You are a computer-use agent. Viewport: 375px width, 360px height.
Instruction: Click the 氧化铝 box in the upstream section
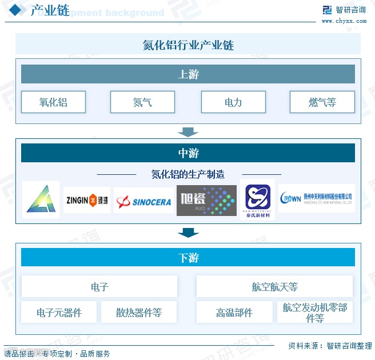pyautogui.click(x=53, y=102)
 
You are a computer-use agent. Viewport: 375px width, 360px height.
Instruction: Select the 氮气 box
pyautogui.click(x=142, y=102)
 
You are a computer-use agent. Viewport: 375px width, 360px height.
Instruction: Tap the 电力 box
pyautogui.click(x=233, y=102)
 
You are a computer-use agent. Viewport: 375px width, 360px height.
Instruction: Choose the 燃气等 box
pyautogui.click(x=322, y=102)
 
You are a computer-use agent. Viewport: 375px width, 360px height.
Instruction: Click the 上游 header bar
pyautogui.click(x=188, y=74)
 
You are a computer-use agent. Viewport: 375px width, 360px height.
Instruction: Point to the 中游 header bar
pyautogui.click(x=188, y=153)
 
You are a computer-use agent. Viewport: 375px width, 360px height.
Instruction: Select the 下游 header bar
pyautogui.click(x=188, y=258)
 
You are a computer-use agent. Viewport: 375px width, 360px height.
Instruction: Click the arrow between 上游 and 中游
pyautogui.click(x=187, y=132)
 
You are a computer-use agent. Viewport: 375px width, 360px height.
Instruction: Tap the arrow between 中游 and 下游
pyautogui.click(x=187, y=232)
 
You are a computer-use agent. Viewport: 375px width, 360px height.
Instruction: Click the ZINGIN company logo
pyautogui.click(x=87, y=200)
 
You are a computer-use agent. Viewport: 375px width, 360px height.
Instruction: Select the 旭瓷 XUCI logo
pyautogui.click(x=206, y=200)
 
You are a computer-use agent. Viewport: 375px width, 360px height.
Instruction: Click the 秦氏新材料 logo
pyautogui.click(x=257, y=199)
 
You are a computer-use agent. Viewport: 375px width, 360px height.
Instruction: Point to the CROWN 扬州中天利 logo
pyautogui.click(x=316, y=198)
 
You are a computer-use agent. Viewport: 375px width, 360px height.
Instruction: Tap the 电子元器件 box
pyautogui.click(x=59, y=313)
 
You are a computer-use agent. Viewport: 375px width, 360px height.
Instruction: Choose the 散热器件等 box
pyautogui.click(x=139, y=313)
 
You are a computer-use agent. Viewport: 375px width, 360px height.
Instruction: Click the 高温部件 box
pyautogui.click(x=234, y=313)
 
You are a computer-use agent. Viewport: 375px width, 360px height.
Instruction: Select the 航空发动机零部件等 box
pyautogui.click(x=315, y=313)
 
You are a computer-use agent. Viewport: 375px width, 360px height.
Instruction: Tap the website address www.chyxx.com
pyautogui.click(x=344, y=21)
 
